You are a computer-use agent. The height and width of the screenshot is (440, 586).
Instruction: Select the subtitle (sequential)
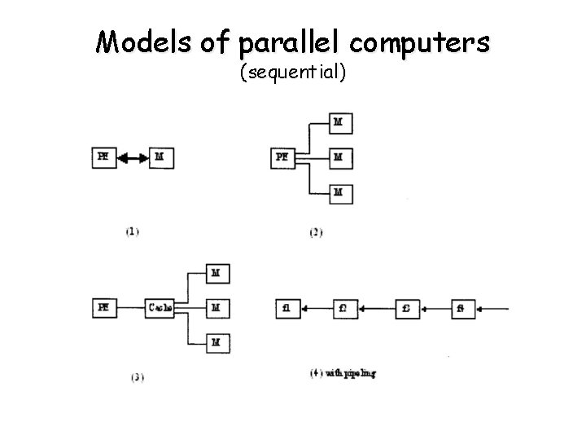(293, 73)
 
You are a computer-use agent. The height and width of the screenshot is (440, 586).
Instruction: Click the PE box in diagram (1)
(103, 158)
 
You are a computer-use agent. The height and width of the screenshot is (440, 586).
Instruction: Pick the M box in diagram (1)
(161, 158)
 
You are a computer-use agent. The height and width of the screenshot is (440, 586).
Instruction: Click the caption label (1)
(133, 231)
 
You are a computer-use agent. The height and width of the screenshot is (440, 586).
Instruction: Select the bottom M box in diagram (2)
(340, 193)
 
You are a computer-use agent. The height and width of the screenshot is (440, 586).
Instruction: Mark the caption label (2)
(317, 232)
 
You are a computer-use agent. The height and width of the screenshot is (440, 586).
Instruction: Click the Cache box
(160, 309)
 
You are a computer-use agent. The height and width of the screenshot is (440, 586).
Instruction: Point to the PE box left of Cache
(103, 309)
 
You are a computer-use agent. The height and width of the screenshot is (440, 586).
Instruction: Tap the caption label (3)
(137, 376)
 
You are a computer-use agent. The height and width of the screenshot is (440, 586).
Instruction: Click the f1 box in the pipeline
(288, 309)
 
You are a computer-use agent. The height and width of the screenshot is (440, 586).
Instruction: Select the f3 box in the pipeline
(407, 309)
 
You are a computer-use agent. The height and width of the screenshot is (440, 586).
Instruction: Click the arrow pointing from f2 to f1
(317, 309)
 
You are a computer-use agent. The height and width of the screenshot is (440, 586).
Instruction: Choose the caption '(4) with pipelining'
(343, 373)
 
